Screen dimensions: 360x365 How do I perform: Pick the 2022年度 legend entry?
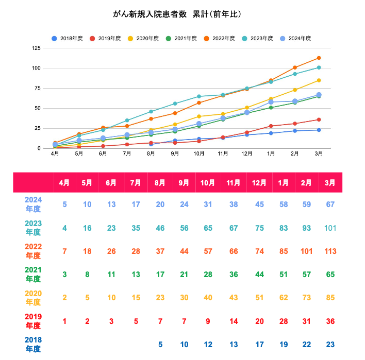point(219,39)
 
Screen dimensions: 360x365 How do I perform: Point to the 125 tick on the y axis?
point(36,48)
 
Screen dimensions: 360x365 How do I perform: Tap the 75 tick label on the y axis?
point(38,89)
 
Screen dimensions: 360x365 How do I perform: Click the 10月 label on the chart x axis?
point(199,153)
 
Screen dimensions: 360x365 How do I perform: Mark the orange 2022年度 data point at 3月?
point(319,58)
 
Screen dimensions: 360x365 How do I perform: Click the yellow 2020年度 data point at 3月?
point(319,80)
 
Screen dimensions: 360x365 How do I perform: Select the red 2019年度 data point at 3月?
point(319,119)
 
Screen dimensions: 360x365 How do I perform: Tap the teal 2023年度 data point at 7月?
point(127,121)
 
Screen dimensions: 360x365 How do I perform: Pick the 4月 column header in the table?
point(64,183)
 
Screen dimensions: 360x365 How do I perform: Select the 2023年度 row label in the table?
point(34,228)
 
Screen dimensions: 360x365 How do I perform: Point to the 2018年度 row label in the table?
point(34,344)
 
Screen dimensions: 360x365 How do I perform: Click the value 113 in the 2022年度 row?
point(329,251)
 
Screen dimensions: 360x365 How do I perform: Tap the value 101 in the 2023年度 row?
point(329,228)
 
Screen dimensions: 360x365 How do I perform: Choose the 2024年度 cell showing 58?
point(283,204)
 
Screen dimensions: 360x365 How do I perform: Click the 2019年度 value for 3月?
point(329,321)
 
